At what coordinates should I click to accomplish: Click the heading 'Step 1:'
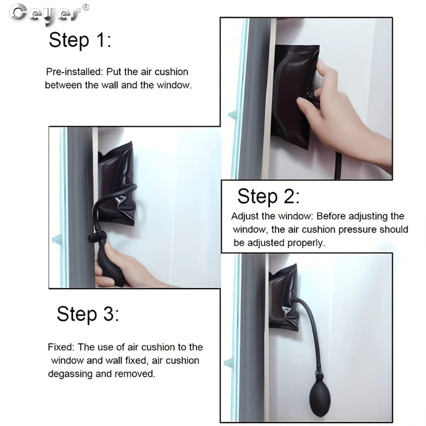coord(80,41)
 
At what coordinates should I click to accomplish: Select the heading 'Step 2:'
coord(268,196)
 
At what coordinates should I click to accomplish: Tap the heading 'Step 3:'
coord(88,314)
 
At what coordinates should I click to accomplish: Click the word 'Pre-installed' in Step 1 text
coord(73,72)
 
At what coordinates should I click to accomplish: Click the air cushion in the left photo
coord(116,185)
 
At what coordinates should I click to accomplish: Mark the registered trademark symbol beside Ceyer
coord(85,7)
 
